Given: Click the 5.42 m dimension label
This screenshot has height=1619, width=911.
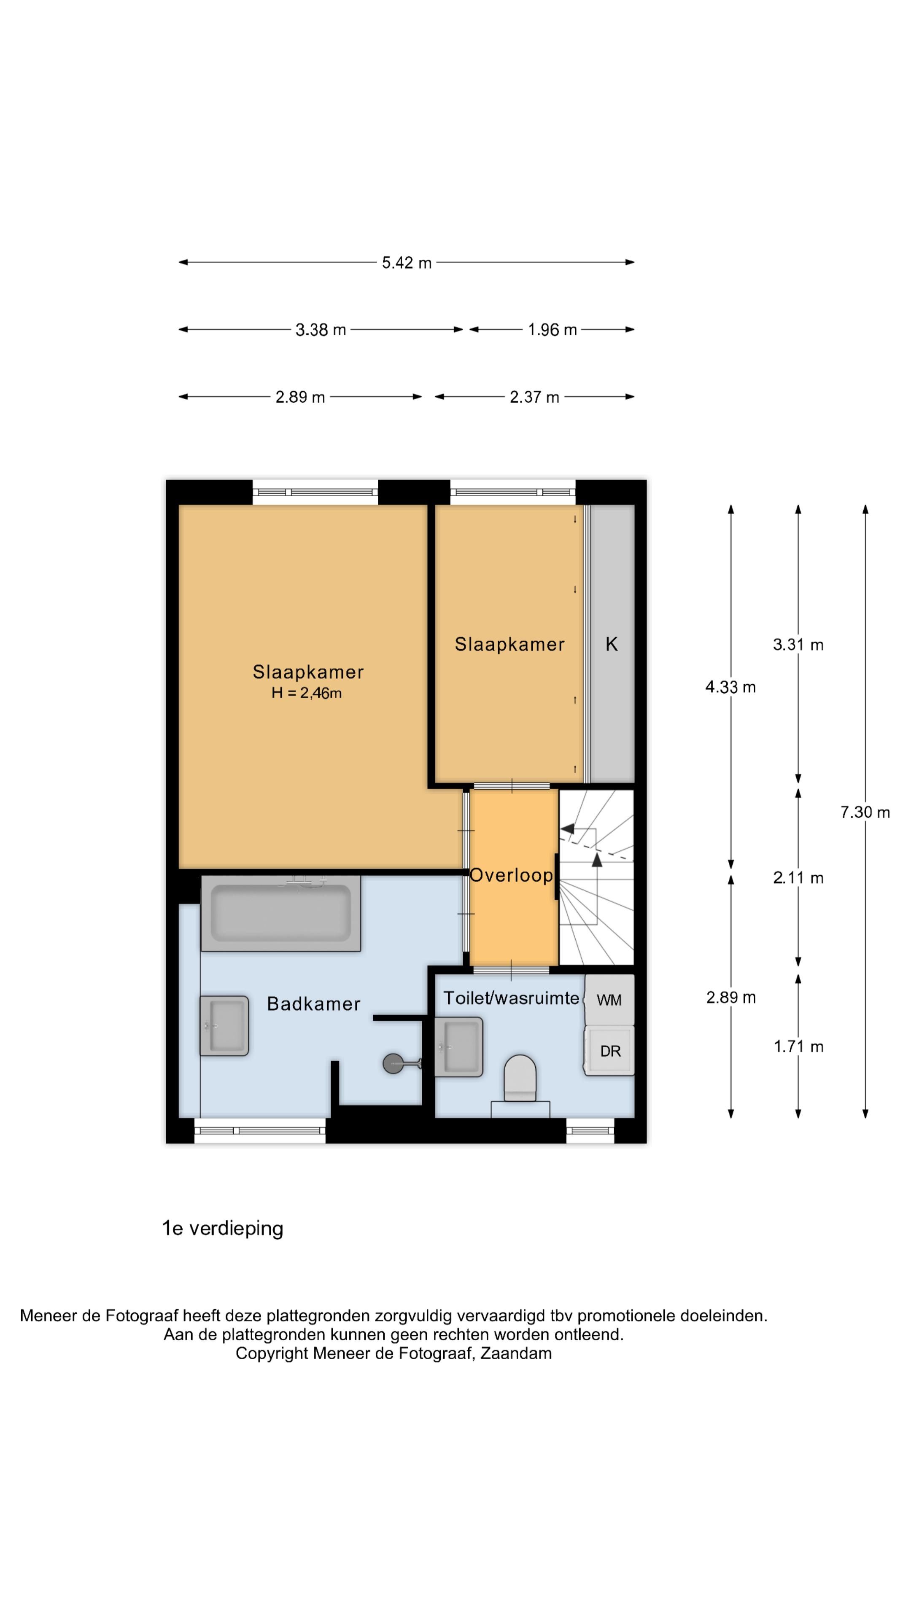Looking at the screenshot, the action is tap(406, 263).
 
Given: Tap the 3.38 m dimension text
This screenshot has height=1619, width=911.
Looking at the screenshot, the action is tap(321, 330).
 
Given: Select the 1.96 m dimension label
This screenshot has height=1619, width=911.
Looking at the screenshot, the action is tap(552, 330).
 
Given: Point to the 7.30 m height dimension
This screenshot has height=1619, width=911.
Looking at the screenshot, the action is tap(865, 812).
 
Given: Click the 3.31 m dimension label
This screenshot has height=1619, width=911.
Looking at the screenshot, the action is tap(798, 644).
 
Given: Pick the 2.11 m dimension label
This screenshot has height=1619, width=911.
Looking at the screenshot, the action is tap(798, 878).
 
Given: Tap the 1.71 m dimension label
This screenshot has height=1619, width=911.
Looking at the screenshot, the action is tap(798, 1046).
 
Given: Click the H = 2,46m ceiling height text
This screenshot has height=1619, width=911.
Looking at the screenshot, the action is tap(306, 693).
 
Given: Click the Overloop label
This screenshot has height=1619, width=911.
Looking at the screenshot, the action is tap(512, 876).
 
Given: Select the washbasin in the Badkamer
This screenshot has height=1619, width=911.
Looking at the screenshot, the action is tap(224, 1025).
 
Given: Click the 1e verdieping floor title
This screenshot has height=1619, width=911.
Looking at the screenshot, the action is tap(223, 1229).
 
